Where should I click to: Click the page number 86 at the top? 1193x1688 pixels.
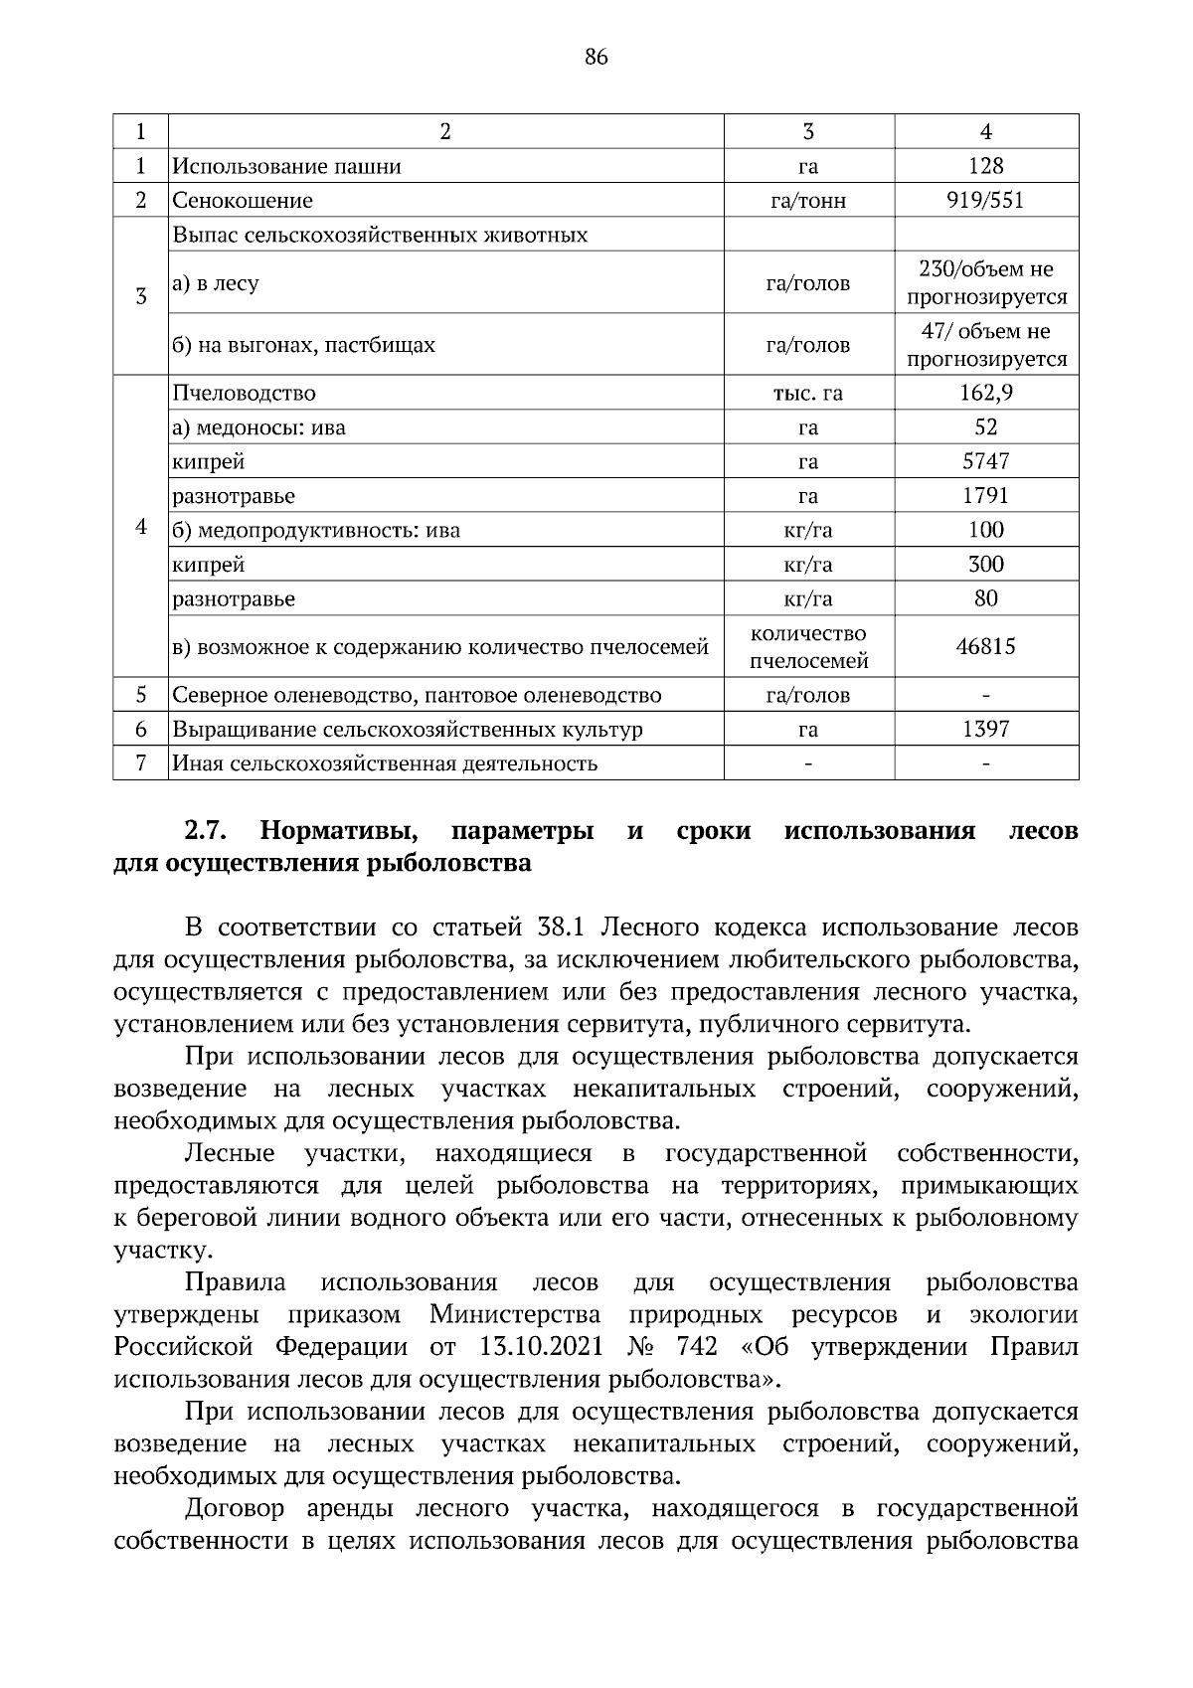coord(596,57)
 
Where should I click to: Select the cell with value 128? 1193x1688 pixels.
coord(985,166)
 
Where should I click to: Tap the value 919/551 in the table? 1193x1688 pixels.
coord(985,201)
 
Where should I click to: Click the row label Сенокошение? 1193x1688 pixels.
coord(243,201)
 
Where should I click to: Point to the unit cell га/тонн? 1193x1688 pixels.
coord(808,201)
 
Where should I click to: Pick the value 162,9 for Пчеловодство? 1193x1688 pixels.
coord(985,393)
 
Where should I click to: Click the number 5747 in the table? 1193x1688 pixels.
coord(985,461)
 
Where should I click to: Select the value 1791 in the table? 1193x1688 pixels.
coord(985,495)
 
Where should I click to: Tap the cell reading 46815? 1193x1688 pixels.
coord(985,647)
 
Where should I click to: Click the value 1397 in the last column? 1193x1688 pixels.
coord(985,730)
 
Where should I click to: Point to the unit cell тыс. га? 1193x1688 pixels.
coord(808,393)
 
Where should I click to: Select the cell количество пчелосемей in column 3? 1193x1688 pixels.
coord(808,647)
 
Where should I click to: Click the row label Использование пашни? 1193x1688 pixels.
coord(287,166)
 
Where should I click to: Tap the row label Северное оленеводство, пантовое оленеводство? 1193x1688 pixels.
coord(417,695)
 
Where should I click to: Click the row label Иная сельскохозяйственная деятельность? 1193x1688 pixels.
coord(385,763)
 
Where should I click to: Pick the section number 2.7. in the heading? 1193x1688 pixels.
coord(208,830)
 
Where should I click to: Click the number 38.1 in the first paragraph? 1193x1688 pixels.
coord(565,928)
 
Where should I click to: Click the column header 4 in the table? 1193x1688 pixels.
coord(985,132)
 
